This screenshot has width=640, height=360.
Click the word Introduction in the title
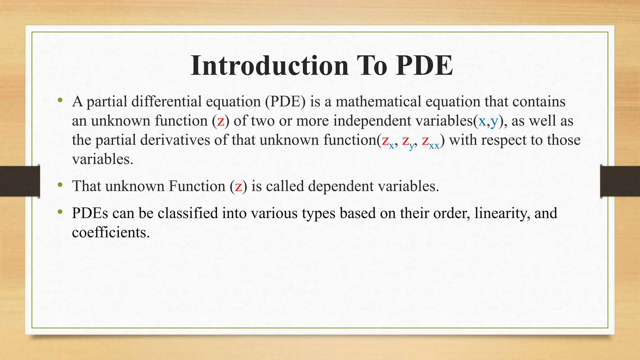pos(269,66)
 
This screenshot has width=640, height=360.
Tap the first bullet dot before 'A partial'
pos(60,101)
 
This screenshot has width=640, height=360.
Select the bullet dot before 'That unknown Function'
pos(60,185)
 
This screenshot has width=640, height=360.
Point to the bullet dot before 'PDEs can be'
pos(60,212)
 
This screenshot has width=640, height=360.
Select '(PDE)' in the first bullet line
pos(285,102)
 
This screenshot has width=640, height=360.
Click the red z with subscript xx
pos(425,141)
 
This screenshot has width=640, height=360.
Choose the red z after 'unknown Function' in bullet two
pos(238,187)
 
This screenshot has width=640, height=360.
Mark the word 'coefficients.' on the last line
pos(111,232)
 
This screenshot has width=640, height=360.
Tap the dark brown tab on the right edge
pos(620,181)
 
